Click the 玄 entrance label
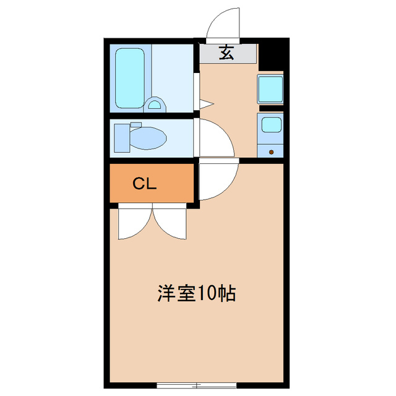coord(227,54)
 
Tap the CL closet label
coord(145,183)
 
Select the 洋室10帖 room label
coord(195,293)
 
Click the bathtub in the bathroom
coord(130,78)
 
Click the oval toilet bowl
coord(148,137)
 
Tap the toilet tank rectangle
coord(122,137)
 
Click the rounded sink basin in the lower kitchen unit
coord(270,125)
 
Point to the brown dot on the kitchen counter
coord(271,150)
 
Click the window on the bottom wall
coord(196,385)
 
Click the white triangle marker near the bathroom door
coord(206,103)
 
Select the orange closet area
coord(152,183)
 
